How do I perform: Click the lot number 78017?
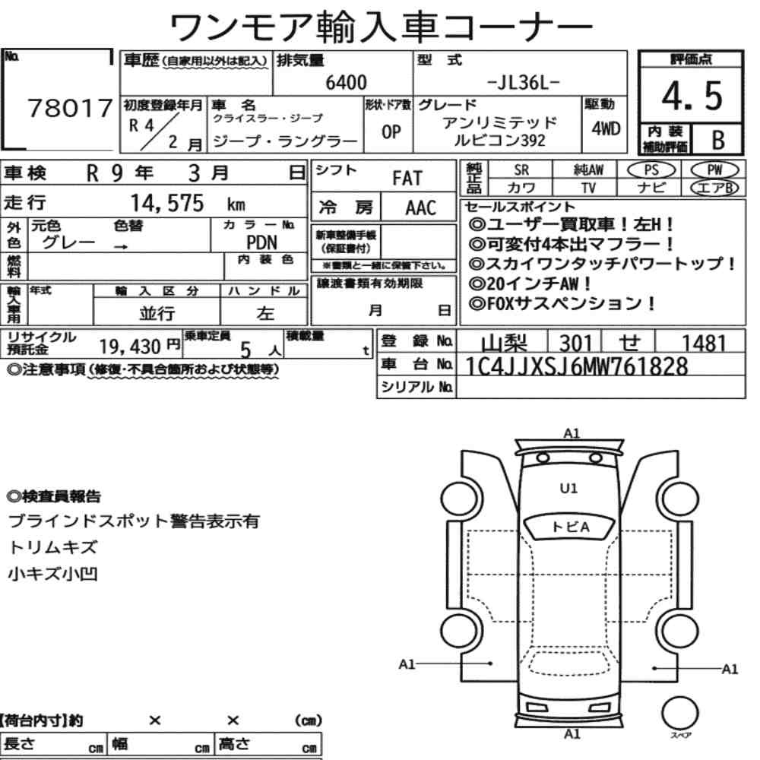(x=70, y=108)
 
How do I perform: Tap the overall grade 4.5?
(x=692, y=96)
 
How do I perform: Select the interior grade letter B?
(x=718, y=141)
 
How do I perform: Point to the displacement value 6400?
(x=346, y=82)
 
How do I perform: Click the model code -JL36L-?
(x=523, y=83)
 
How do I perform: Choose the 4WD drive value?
(x=606, y=128)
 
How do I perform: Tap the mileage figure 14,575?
(x=167, y=203)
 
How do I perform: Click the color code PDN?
(x=261, y=242)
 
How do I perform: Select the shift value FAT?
(x=407, y=179)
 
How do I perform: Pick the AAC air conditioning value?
(x=421, y=208)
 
